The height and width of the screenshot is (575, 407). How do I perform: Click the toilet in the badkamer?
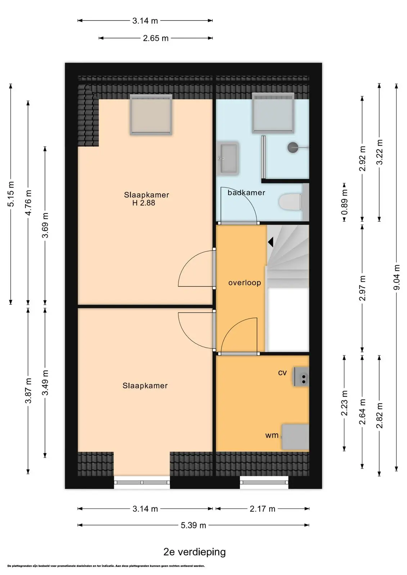pyautogui.click(x=290, y=202)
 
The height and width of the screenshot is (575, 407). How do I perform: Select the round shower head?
pyautogui.click(x=293, y=148)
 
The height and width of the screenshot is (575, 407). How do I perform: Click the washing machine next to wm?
pyautogui.click(x=295, y=437)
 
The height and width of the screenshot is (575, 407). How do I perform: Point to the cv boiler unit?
pyautogui.click(x=301, y=377)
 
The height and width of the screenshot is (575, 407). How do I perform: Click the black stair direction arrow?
pyautogui.click(x=271, y=242)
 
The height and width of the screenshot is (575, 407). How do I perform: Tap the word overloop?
pyautogui.click(x=244, y=282)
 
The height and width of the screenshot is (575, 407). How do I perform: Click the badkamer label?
pyautogui.click(x=246, y=193)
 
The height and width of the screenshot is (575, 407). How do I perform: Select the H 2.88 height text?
pyautogui.click(x=144, y=203)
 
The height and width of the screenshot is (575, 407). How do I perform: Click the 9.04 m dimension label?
pyautogui.click(x=397, y=277)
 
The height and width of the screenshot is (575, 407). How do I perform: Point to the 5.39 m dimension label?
pyautogui.click(x=193, y=525)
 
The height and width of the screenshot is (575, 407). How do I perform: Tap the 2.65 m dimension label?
pyautogui.click(x=155, y=38)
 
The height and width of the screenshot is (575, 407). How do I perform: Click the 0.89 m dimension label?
pyautogui.click(x=344, y=202)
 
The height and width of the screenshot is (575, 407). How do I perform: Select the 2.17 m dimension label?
pyautogui.click(x=262, y=509)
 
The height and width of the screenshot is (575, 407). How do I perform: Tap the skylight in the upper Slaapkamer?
pyautogui.click(x=151, y=115)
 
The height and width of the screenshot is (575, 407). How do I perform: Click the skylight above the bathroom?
pyautogui.click(x=273, y=113)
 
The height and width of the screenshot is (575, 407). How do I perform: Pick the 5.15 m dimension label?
pyautogui.click(x=11, y=194)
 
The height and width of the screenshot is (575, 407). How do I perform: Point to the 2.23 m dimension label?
pyautogui.click(x=344, y=403)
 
